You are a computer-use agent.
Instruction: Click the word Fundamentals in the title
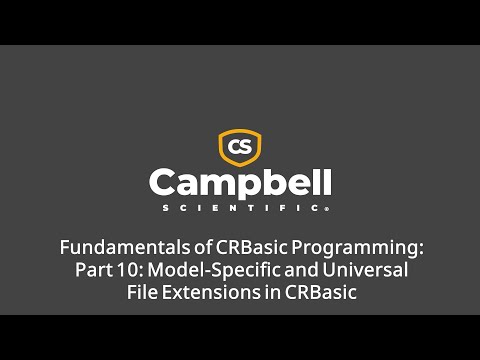(113, 247)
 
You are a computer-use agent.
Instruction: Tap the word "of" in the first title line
(181, 247)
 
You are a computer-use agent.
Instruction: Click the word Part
(93, 270)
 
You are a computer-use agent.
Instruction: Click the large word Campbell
(240, 183)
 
